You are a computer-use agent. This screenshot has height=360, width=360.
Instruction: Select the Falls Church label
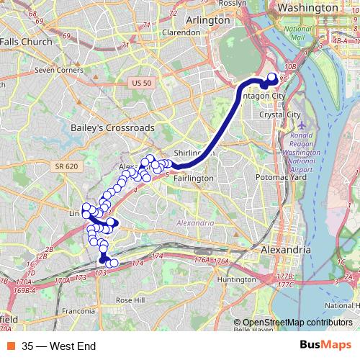tap(27, 42)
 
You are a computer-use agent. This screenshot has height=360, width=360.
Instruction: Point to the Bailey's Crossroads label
tap(112, 127)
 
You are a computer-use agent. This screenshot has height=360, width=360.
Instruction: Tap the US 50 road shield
tap(142, 84)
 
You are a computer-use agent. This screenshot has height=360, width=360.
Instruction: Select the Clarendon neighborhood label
tap(181, 32)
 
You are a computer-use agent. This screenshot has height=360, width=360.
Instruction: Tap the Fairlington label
tap(194, 178)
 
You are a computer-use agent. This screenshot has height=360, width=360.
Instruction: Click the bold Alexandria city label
tap(285, 249)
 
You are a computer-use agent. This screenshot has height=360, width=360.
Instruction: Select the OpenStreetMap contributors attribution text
tap(292, 323)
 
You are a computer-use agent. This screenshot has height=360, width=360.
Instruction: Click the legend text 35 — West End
tap(59, 346)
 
